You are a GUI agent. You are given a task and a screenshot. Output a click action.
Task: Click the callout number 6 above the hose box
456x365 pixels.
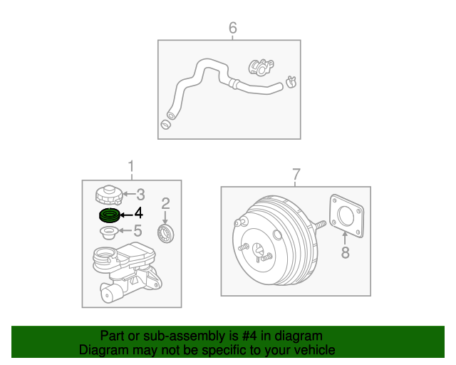233,28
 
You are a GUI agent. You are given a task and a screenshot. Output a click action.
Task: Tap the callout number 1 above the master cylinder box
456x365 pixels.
131,167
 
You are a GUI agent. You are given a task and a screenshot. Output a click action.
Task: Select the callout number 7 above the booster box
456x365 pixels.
296,175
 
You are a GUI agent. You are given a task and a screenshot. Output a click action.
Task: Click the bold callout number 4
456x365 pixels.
139,213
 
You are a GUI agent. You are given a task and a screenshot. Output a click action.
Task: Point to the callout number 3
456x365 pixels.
141,195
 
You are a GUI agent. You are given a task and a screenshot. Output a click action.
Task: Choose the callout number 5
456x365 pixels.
138,231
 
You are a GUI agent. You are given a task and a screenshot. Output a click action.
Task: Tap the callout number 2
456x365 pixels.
165,203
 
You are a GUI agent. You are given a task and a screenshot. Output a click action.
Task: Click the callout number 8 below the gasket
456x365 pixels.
345,252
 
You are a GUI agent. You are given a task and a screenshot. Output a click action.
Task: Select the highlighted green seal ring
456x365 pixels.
109,216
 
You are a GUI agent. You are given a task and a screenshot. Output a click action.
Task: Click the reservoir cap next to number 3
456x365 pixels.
109,195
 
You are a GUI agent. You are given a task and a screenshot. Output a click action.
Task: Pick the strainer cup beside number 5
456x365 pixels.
109,233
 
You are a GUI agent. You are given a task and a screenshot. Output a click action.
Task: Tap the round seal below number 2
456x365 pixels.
166,233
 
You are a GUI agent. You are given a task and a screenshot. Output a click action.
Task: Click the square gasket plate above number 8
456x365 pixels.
346,216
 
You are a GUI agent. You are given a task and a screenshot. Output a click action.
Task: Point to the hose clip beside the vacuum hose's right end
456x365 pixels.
291,82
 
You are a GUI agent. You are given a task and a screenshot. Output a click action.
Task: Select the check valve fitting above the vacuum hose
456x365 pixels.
261,67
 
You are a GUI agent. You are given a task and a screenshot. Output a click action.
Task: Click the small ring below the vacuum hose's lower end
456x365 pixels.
166,125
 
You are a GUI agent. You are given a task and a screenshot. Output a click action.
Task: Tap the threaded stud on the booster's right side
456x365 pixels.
319,225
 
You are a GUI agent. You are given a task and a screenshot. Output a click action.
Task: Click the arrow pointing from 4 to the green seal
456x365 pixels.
127,215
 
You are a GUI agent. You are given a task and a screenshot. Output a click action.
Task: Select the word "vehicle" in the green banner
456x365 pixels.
316,350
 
